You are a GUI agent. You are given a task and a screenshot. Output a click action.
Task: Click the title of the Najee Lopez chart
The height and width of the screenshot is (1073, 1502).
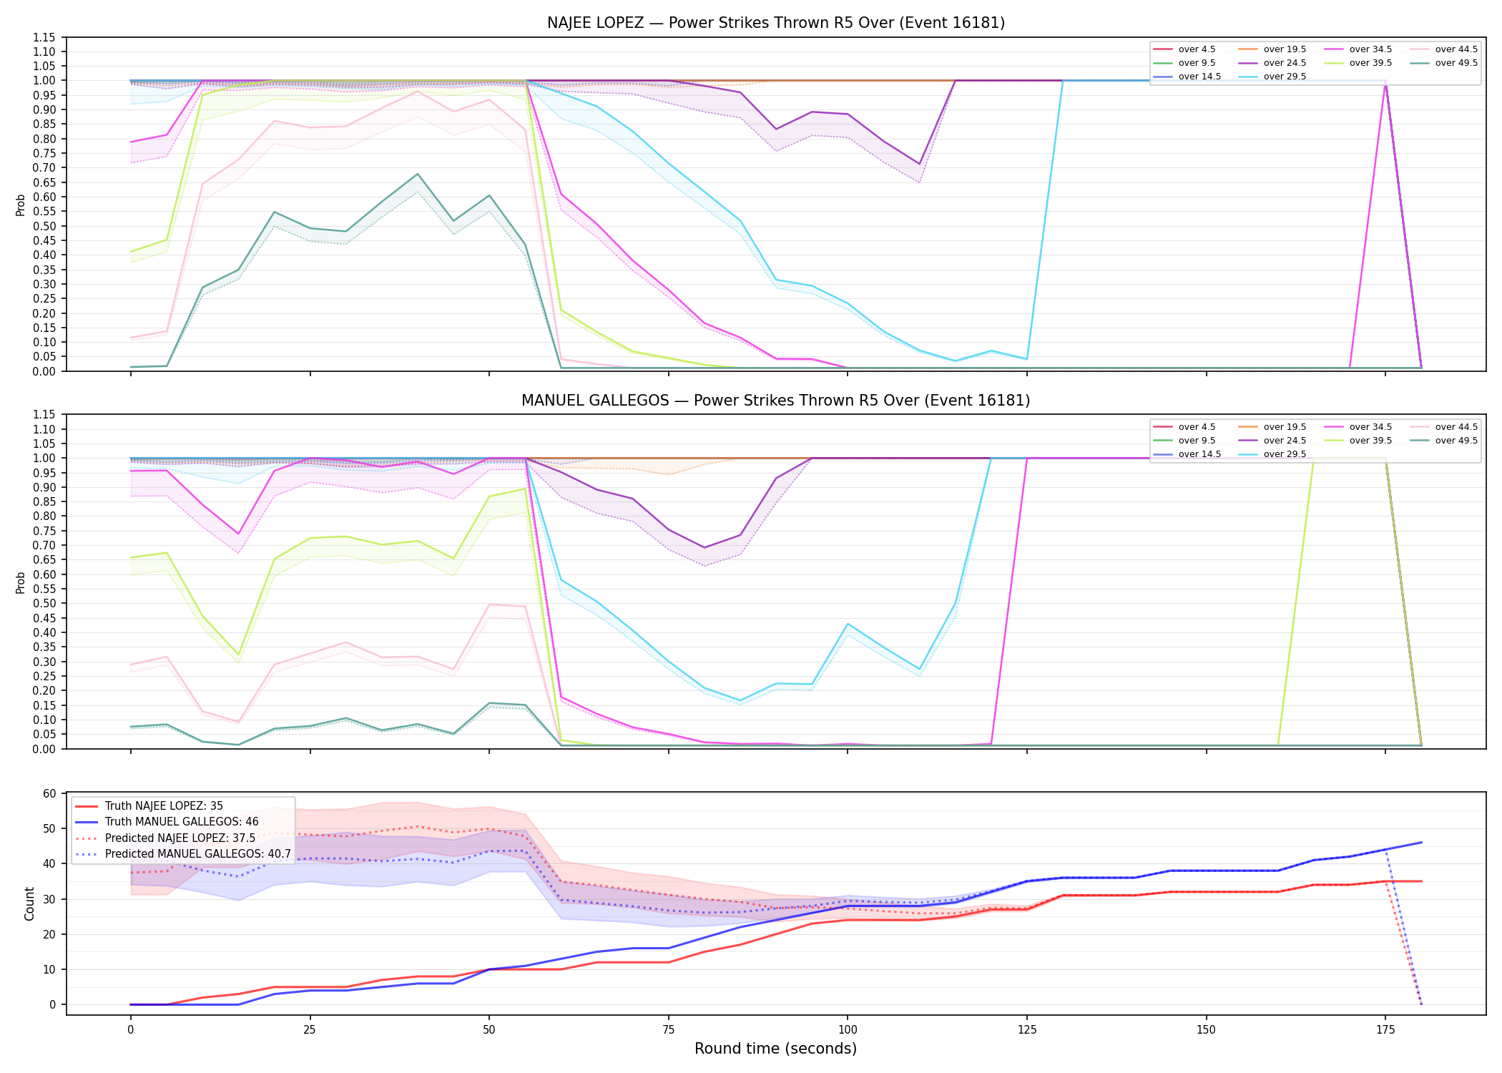point(776,23)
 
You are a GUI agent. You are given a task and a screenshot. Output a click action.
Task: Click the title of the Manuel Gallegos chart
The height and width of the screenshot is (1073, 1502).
point(776,401)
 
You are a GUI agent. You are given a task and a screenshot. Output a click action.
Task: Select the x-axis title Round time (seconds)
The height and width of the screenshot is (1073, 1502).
point(775,1049)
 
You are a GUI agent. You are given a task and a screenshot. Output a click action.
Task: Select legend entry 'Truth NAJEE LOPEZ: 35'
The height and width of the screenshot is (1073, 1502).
point(149,806)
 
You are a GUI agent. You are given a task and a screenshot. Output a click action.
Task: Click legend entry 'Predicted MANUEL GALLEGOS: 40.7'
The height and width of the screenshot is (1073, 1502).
point(183,854)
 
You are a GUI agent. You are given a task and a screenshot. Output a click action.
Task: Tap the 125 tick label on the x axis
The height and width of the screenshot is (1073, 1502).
point(1026,1030)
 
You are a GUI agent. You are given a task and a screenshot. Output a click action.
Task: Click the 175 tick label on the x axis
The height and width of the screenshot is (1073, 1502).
point(1385,1030)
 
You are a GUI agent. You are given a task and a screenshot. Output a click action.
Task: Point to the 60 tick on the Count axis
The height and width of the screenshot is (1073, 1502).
point(49,793)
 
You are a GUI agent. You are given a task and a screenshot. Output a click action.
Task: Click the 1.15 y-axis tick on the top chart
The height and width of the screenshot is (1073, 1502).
point(44,37)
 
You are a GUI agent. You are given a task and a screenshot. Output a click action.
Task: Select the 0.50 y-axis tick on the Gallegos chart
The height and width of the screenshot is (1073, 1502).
point(44,604)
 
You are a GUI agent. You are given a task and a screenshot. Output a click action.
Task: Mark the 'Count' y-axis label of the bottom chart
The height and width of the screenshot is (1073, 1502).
point(29,903)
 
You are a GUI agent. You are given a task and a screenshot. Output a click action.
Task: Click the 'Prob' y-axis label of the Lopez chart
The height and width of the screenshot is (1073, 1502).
point(21,205)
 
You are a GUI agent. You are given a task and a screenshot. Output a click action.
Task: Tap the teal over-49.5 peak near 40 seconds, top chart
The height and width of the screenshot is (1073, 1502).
point(418,174)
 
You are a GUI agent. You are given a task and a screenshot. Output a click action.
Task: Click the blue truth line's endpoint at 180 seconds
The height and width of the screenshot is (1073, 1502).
point(1421,843)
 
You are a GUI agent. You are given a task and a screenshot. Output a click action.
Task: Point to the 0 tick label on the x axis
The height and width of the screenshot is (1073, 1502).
point(130,1030)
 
